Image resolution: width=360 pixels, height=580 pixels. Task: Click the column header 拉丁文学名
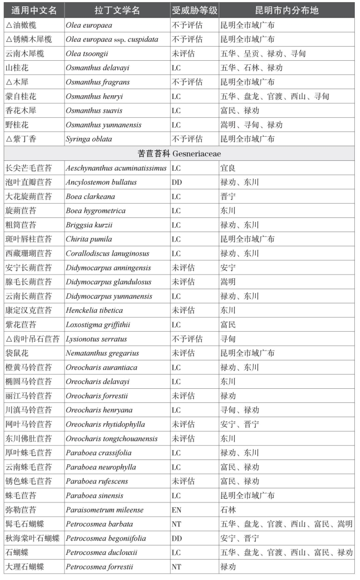pos(117,10)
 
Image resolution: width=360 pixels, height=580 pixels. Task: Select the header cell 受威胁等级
pos(194,10)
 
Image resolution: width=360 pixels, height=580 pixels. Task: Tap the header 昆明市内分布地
pos(286,10)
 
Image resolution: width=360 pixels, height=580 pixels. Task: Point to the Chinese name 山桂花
pos(17,68)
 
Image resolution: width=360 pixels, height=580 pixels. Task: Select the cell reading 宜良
pos(228,168)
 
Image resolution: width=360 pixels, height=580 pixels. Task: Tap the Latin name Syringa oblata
pos(89,139)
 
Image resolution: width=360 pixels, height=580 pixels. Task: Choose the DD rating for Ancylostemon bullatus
pos(177,182)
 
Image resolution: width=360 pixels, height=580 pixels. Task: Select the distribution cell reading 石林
pos(228,510)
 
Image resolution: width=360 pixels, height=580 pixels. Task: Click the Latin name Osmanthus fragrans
pos(97,82)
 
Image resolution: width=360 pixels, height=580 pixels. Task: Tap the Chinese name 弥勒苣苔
pos(21,510)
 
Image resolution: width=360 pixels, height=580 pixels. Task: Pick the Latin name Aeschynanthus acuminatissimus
pos(116,168)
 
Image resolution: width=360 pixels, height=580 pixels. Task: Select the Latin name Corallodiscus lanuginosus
pos(107,254)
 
